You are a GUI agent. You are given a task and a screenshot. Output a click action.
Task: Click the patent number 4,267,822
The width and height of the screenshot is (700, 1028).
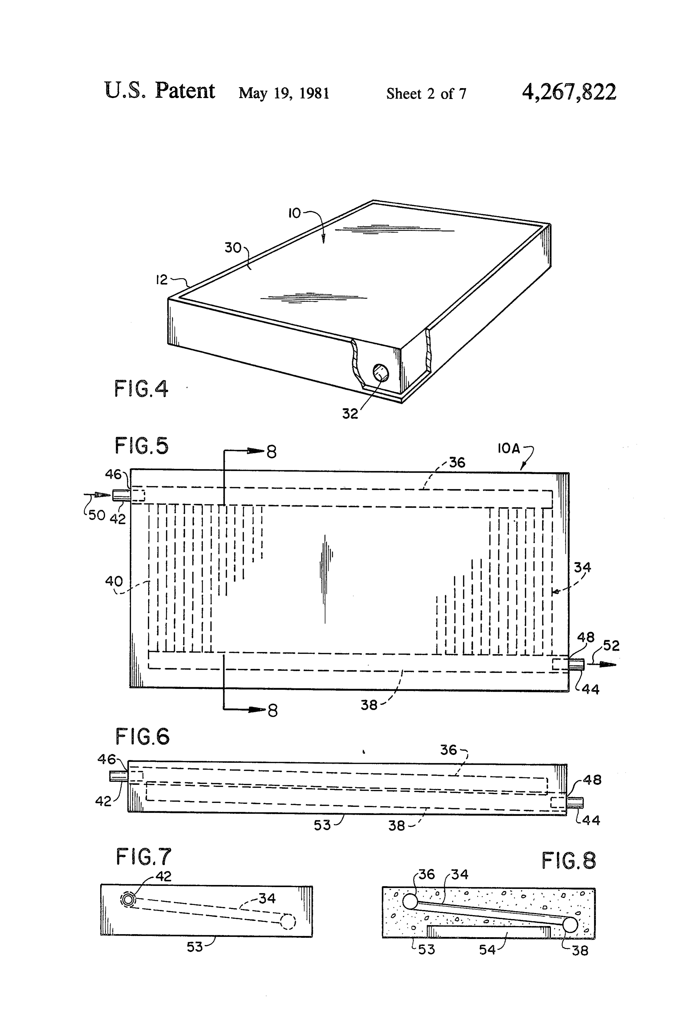coord(569,92)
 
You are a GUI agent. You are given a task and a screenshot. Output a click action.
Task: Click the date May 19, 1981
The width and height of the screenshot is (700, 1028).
coord(284,93)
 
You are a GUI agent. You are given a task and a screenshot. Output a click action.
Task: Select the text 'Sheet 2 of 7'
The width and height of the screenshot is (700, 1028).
coord(426,93)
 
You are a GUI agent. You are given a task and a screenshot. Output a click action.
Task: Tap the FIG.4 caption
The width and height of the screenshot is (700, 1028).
coord(141,389)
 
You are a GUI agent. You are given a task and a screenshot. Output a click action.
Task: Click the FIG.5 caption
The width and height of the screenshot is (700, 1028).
coord(142,446)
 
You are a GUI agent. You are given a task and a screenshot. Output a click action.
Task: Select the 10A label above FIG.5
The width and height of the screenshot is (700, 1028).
coord(509,449)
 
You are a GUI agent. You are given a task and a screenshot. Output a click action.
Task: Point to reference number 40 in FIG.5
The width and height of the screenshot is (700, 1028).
coord(114,581)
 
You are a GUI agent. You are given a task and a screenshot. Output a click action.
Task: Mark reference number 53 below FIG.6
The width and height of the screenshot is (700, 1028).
coord(322,825)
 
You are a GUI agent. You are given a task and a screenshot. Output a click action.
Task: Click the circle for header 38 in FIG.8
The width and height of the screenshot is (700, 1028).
coord(570,925)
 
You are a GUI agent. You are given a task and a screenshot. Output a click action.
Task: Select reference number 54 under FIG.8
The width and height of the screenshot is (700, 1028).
coord(487,950)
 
